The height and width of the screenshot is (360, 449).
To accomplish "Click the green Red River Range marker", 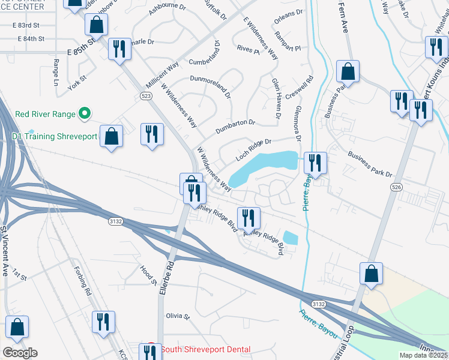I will point(85,113).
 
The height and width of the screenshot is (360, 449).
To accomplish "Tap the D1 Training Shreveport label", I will point(55,136).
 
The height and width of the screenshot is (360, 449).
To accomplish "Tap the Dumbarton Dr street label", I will point(235,127).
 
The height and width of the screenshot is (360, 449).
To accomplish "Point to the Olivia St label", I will point(178,316).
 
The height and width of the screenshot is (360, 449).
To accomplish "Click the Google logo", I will point(20,353).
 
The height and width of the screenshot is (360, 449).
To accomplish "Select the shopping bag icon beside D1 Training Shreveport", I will point(112,136).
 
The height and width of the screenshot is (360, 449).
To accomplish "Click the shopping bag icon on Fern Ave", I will point(348,71).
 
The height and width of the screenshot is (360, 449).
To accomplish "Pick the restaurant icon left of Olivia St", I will point(104,322).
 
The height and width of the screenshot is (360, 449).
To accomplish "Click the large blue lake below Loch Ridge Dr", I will point(264,167).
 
